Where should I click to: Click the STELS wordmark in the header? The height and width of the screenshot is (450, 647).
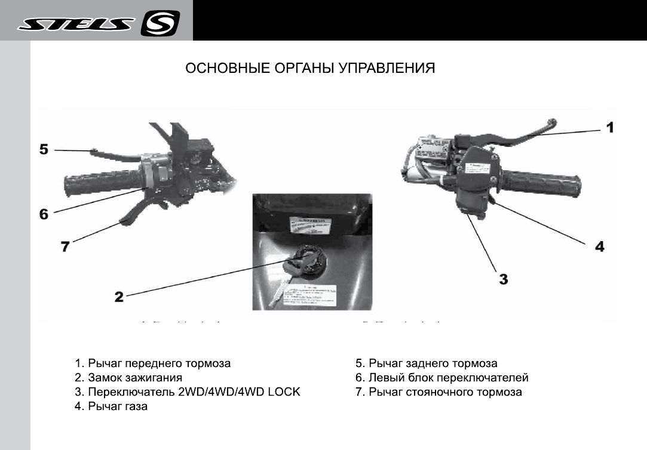76,24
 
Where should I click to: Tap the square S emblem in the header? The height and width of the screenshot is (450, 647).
160,24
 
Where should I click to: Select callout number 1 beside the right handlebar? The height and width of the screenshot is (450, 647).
609,127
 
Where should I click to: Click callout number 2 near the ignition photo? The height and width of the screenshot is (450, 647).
119,296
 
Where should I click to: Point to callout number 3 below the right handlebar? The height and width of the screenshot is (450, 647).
503,278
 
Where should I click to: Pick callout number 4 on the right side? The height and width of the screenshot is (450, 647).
599,246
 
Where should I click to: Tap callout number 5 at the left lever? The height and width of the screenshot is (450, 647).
44,149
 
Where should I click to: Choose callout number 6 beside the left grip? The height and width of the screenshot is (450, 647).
44,213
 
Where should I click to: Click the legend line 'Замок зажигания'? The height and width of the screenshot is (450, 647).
135,378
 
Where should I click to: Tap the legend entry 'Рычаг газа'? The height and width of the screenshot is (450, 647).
118,406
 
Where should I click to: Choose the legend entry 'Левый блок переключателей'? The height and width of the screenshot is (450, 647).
449,378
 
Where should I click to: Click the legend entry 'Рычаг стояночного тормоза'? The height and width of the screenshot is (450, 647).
446,392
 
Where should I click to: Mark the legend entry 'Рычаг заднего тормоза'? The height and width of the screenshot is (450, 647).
433,363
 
